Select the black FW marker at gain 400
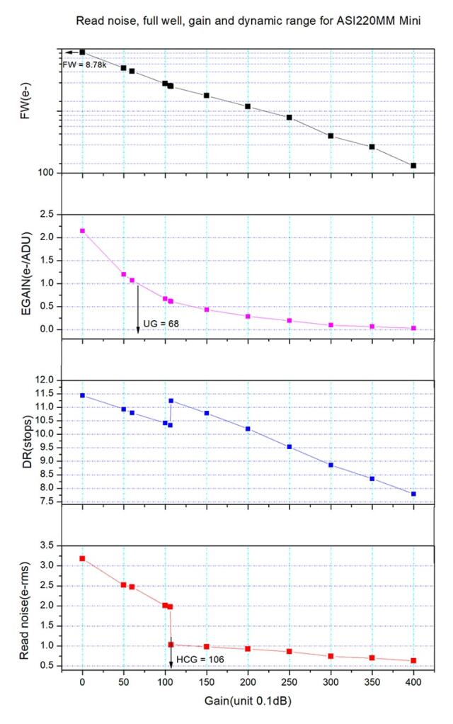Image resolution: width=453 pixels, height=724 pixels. point(413,165)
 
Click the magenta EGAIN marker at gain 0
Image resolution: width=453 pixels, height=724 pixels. point(82,231)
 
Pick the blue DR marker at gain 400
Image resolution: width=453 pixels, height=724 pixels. point(413,494)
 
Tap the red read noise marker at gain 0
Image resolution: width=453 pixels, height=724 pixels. point(82,558)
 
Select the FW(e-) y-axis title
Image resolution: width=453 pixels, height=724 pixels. point(25,111)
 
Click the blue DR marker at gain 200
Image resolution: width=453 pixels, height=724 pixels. point(248,429)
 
